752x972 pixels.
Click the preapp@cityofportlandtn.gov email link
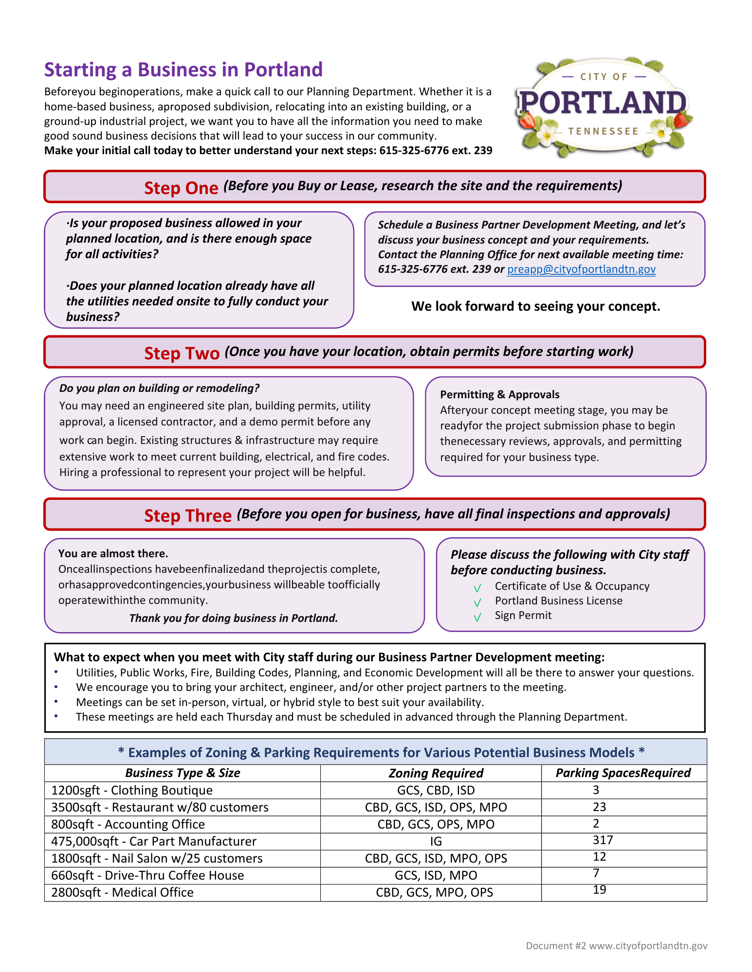point(581,269)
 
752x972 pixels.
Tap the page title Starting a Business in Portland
point(183,70)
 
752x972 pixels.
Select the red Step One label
point(181,188)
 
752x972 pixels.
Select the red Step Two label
point(182,353)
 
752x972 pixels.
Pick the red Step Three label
point(187,515)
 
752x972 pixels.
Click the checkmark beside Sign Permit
point(477,617)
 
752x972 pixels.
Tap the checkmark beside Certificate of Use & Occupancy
point(477,588)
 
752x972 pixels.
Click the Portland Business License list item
point(558,601)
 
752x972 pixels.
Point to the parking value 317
point(603,840)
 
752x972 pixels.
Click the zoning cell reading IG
point(436,842)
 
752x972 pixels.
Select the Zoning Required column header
point(436,773)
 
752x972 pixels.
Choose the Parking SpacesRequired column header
point(623,773)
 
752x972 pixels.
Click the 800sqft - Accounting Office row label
point(128,825)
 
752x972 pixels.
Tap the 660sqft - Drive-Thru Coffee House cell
point(147,876)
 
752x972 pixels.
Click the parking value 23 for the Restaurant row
point(599,807)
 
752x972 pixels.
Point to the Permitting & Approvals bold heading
point(499,394)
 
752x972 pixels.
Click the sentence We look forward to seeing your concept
point(535,306)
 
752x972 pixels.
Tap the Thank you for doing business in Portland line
point(234,618)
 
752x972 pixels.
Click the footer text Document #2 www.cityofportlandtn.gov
point(616,946)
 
